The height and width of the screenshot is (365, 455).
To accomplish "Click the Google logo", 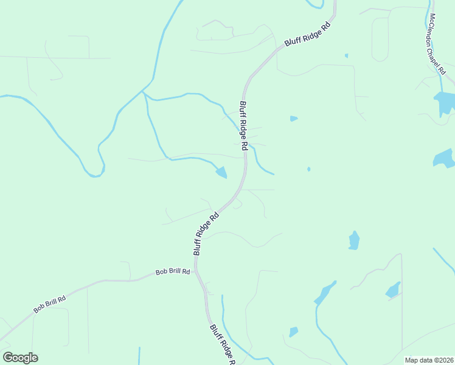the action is (x=20, y=358).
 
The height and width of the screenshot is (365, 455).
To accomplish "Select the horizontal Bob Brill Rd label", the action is (x=173, y=272).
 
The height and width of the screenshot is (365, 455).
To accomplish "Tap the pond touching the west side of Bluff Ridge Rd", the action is (x=221, y=173).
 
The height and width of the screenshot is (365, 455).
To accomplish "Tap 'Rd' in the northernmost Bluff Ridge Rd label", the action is (x=326, y=26).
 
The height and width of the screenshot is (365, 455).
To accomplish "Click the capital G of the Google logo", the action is (x=8, y=358).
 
